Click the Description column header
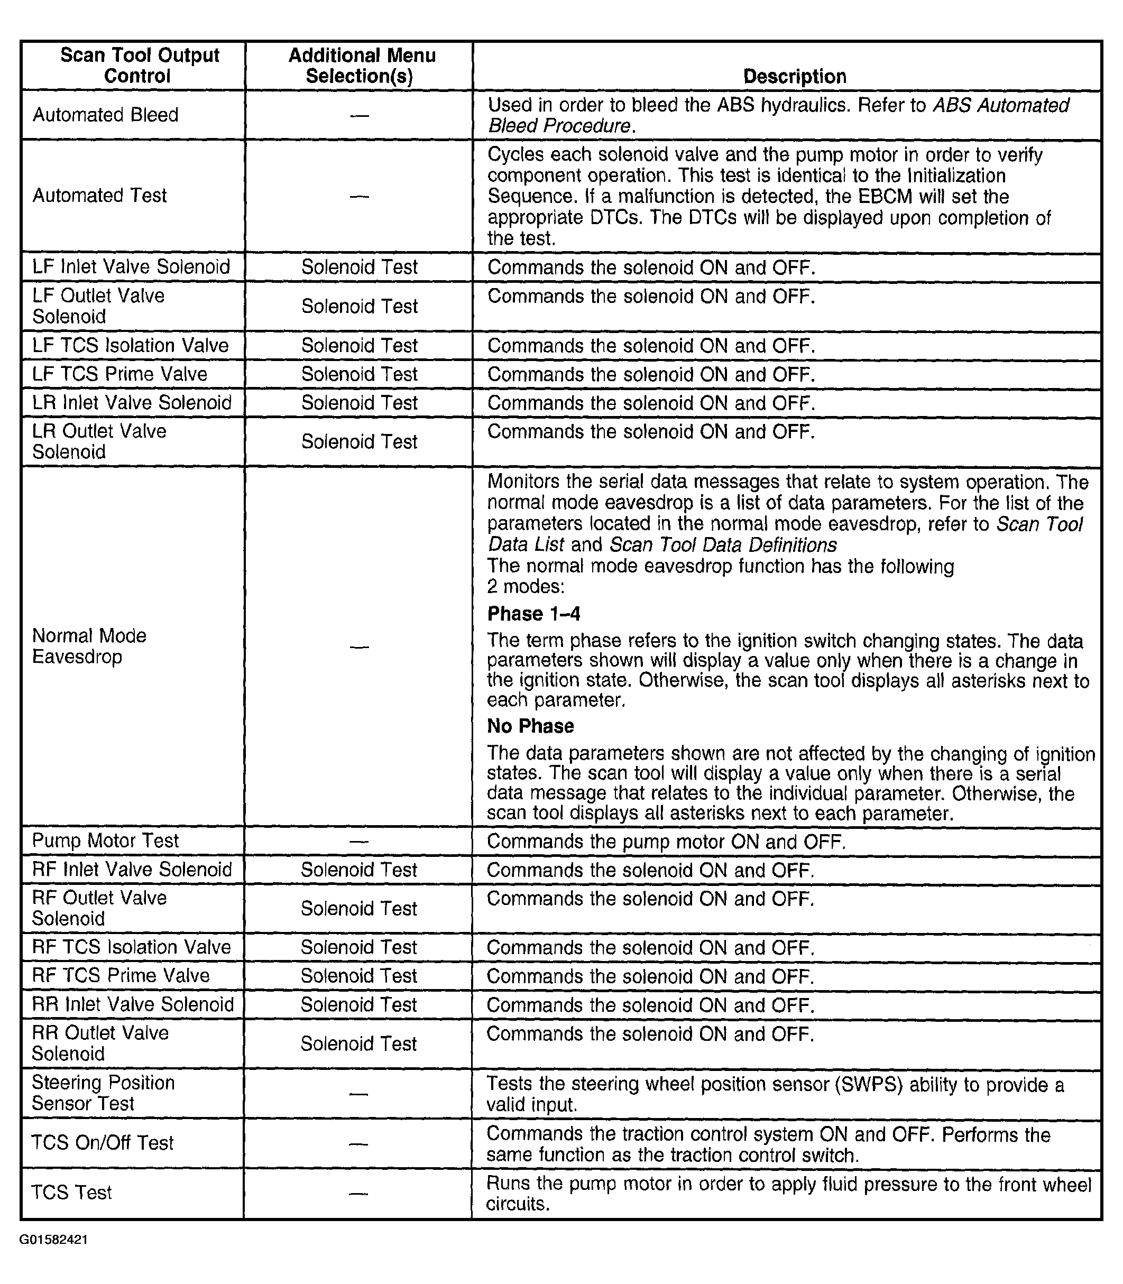(x=794, y=77)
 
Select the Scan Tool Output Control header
(x=139, y=65)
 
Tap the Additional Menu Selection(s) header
(x=361, y=65)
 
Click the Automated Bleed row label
(x=105, y=115)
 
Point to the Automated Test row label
(x=99, y=196)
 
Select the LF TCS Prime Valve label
(x=119, y=374)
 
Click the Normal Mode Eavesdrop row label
(x=89, y=646)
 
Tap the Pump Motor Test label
(x=105, y=840)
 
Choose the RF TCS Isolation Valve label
(x=131, y=947)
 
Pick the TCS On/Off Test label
(x=102, y=1142)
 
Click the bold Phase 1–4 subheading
(x=533, y=614)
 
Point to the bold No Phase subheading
(x=530, y=726)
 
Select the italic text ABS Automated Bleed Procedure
(x=777, y=115)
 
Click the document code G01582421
(x=53, y=1240)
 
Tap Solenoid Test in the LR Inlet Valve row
(x=359, y=402)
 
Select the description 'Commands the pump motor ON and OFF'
(x=666, y=841)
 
